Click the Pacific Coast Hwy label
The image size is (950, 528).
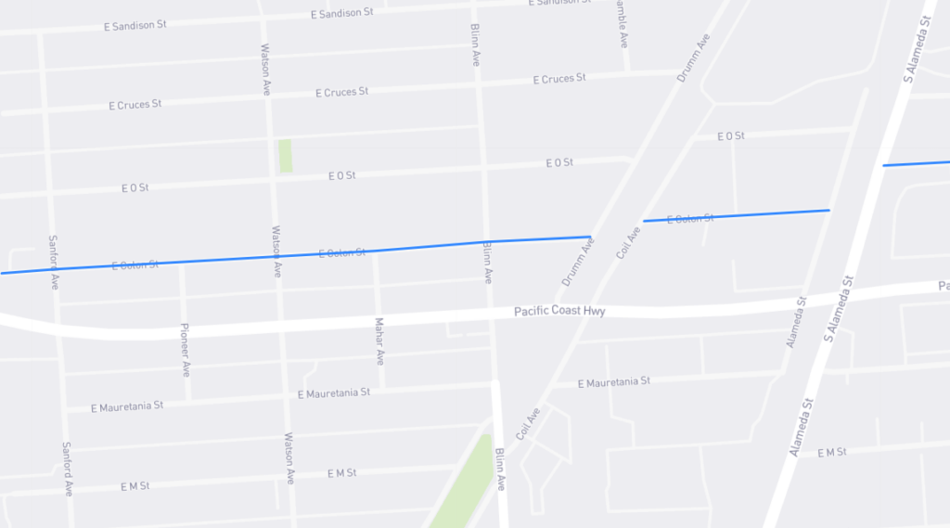(559, 312)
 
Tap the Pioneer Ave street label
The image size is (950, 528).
(185, 350)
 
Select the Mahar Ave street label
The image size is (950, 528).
(379, 341)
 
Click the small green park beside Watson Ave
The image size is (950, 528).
(285, 156)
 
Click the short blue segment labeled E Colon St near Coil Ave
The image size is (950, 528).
(736, 216)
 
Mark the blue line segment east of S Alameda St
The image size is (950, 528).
(916, 163)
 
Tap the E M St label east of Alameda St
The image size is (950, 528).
(832, 452)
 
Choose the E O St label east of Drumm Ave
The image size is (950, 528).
(731, 136)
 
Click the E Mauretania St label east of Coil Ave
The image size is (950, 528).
(613, 382)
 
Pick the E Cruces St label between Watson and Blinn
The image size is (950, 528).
(341, 93)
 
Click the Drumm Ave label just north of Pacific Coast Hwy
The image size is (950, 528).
(577, 262)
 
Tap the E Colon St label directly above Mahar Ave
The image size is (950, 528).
(341, 253)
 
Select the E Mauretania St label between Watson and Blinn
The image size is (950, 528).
(333, 393)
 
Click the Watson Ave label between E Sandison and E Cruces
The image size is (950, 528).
(265, 59)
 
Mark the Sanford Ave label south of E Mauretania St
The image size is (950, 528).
(67, 468)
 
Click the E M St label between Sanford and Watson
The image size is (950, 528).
(135, 486)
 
